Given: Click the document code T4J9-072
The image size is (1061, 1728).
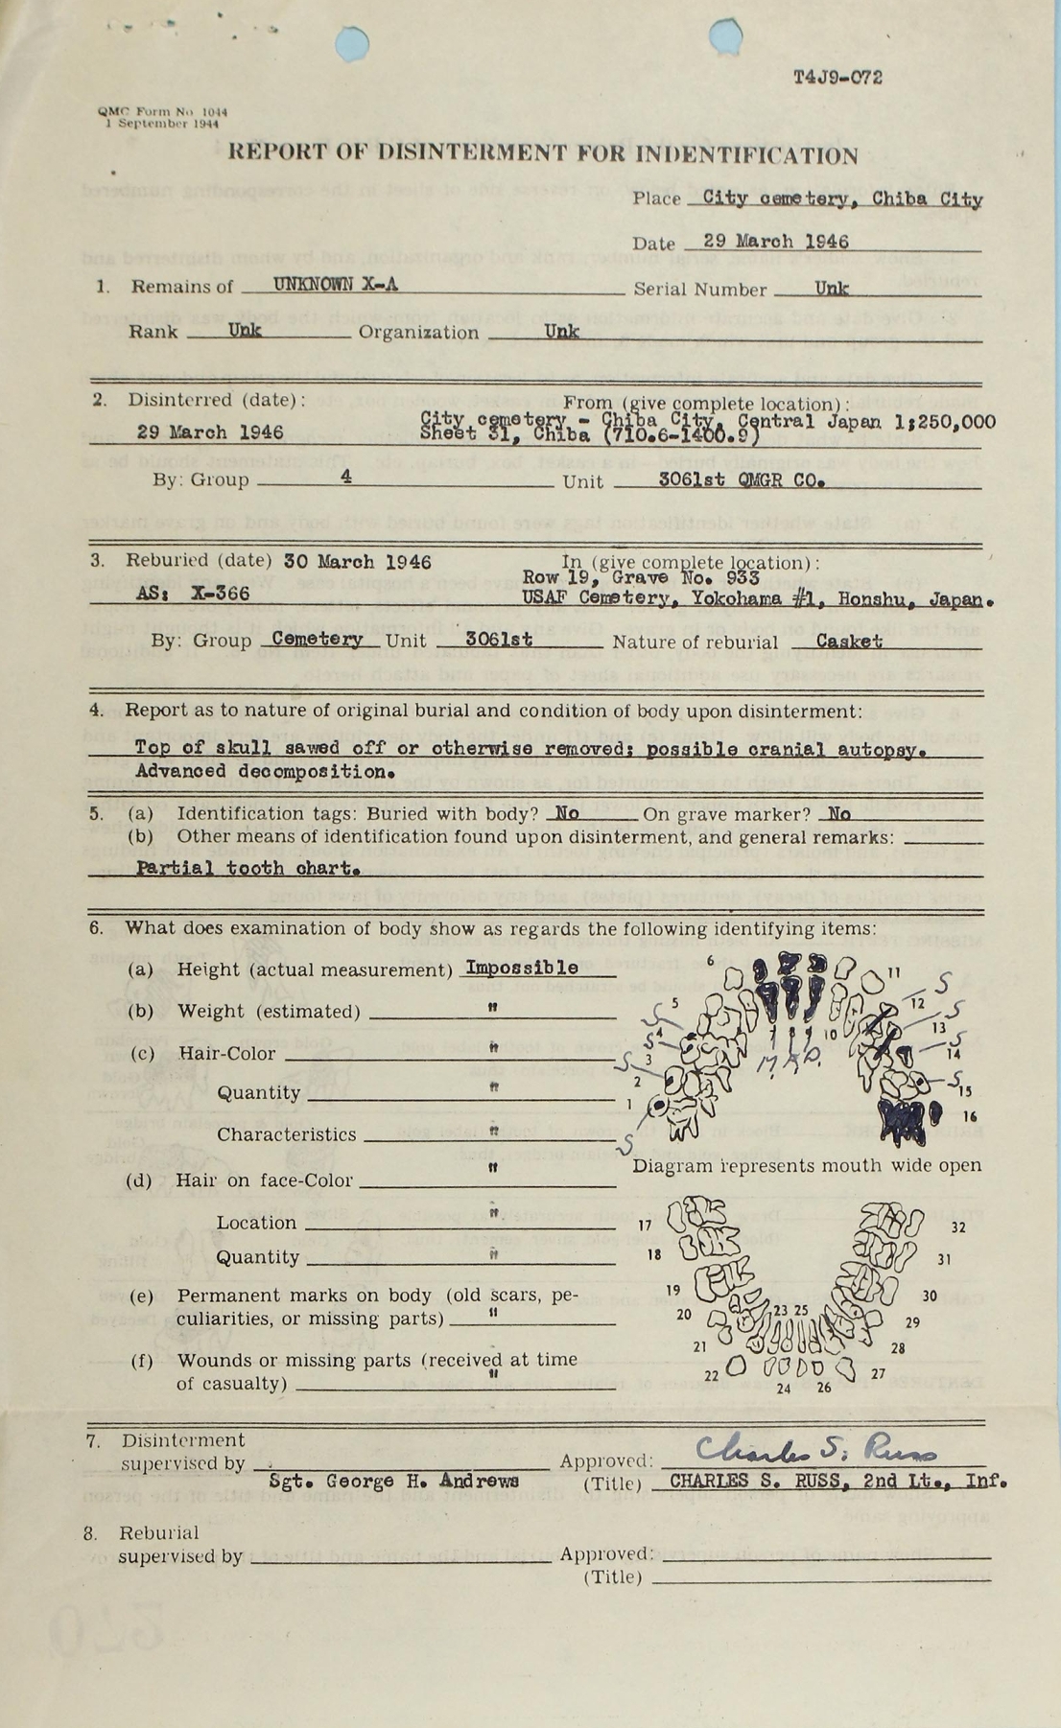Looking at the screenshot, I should (x=837, y=78).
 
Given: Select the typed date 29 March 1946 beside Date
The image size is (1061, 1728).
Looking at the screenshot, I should (x=775, y=242).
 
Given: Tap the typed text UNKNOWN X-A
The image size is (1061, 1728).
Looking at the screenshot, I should (x=335, y=285).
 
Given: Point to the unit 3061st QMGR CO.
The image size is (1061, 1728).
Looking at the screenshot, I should (x=742, y=479).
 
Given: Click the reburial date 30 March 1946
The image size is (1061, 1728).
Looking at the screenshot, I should (x=374, y=562).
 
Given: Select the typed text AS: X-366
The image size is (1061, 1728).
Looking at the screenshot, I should (x=193, y=594).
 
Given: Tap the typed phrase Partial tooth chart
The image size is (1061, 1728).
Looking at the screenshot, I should (x=248, y=868).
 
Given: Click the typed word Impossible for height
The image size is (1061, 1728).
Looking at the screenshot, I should (x=522, y=968).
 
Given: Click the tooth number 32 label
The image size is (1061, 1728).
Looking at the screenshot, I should (x=958, y=1226).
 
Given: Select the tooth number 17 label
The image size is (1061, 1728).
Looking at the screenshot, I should (x=645, y=1225).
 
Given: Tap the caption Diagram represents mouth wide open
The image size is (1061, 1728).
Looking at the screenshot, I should (x=807, y=1165).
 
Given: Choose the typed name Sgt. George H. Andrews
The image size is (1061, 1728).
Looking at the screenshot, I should (x=394, y=1481).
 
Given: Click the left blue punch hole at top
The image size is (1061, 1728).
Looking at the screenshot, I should (x=352, y=43).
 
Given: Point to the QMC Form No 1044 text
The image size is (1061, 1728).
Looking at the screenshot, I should (x=162, y=111).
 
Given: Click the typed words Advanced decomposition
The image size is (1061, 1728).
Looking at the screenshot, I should (x=266, y=771).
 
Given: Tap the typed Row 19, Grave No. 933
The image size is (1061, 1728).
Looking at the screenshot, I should (x=641, y=578).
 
